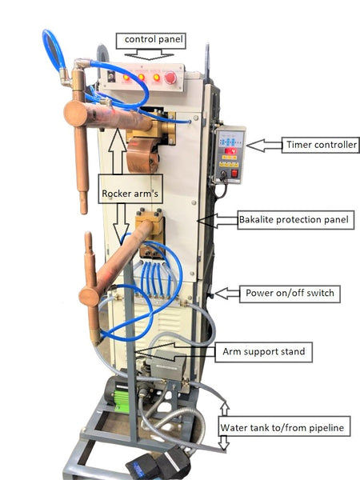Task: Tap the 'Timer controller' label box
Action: tap(321, 145)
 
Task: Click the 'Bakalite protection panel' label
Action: tap(296, 220)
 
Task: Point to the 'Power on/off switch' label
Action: tap(290, 294)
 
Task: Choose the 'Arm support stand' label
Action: tap(263, 352)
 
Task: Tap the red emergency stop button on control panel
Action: tap(171, 78)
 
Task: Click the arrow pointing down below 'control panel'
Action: tap(149, 55)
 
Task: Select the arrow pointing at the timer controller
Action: tap(264, 146)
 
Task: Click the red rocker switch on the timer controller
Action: tap(234, 174)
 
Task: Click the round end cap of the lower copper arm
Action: tap(89, 297)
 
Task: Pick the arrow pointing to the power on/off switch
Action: tap(227, 294)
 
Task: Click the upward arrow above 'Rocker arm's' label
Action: tap(118, 151)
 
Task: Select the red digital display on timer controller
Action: tap(230, 150)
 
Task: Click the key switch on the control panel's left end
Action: tap(111, 76)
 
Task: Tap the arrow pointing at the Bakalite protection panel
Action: tap(218, 221)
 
